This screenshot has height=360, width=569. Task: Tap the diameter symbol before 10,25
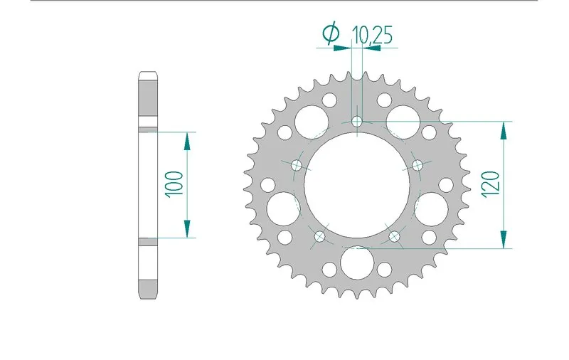coord(330,33)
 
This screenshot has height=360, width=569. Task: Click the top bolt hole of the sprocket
coord(357,122)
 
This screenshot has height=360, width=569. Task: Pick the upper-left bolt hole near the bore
coord(297,166)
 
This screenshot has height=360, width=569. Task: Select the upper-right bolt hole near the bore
coord(418,166)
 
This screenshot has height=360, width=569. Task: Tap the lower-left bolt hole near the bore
coord(319,235)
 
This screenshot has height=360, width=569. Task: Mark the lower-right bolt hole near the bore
coord(395,235)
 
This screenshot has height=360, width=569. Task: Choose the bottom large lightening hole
coord(357,261)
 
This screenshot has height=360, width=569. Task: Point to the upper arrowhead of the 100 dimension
coord(187,141)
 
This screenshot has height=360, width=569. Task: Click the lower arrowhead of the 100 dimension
coord(187,228)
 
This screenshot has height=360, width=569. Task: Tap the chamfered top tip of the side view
coord(148,75)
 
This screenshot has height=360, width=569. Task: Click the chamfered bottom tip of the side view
coord(148,294)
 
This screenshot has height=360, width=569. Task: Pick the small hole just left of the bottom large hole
coord(329,270)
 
